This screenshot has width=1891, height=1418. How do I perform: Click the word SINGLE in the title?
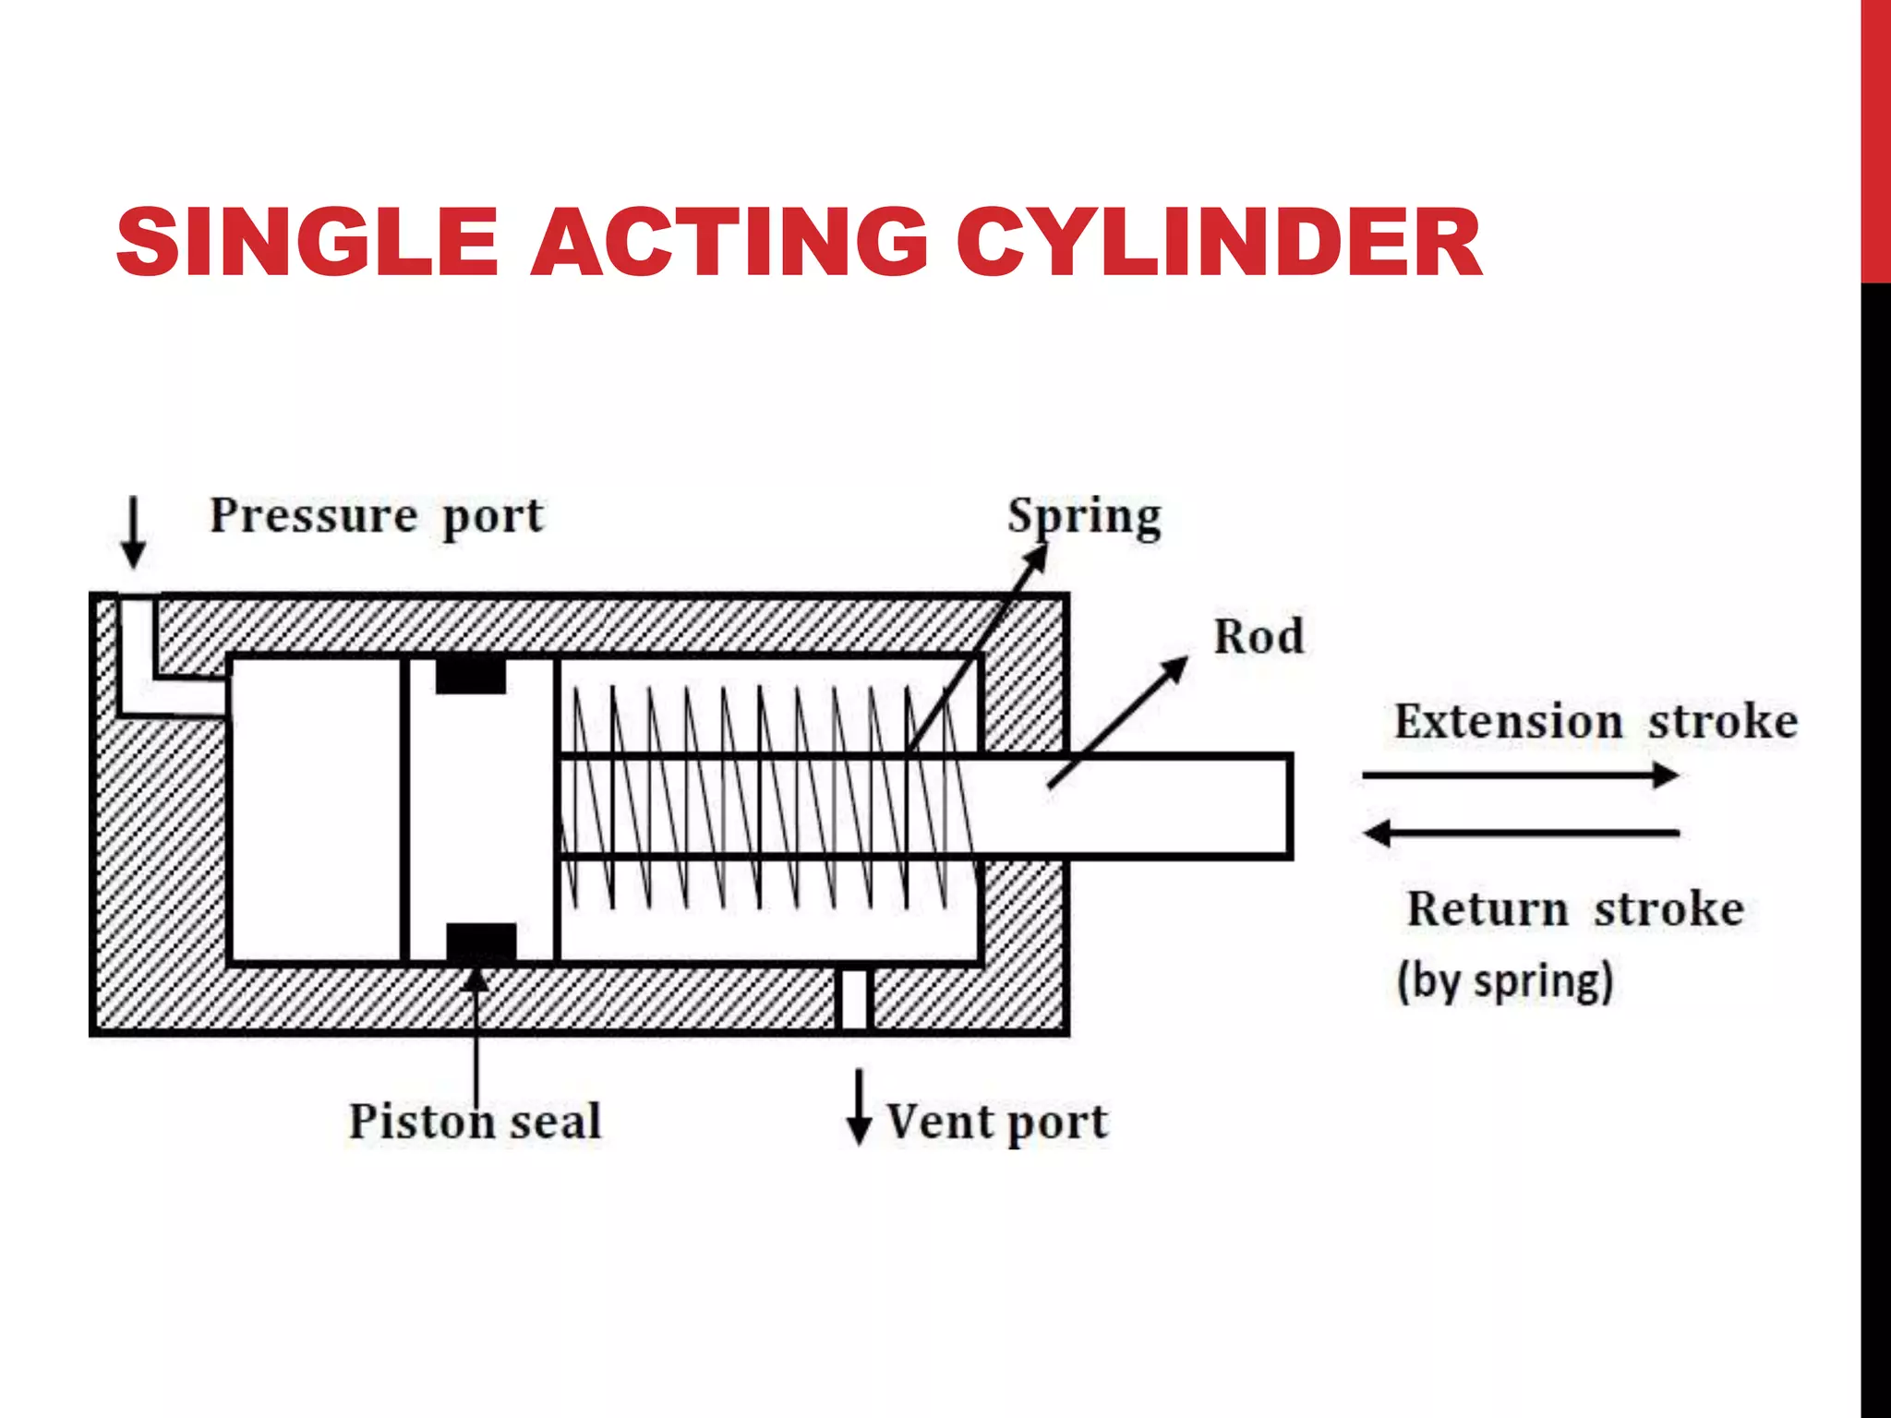(x=307, y=242)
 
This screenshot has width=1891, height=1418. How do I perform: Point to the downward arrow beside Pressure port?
(x=134, y=534)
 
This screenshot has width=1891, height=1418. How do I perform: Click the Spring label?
(x=1084, y=517)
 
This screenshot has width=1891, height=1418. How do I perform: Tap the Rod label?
(x=1259, y=637)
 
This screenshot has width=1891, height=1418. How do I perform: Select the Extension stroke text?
(x=1596, y=721)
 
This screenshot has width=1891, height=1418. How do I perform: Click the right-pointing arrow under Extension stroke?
(x=1520, y=775)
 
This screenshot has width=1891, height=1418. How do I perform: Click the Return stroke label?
(x=1575, y=908)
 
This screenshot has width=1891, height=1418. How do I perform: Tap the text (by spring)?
(x=1505, y=980)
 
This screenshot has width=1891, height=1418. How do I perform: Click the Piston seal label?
(x=475, y=1122)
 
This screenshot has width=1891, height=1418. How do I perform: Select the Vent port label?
(x=997, y=1123)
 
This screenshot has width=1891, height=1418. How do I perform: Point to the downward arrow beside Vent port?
(x=859, y=1108)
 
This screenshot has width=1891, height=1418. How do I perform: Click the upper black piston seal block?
(x=471, y=675)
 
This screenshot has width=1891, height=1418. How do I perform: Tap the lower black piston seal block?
(x=481, y=943)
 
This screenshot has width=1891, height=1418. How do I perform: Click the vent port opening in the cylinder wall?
(x=854, y=999)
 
